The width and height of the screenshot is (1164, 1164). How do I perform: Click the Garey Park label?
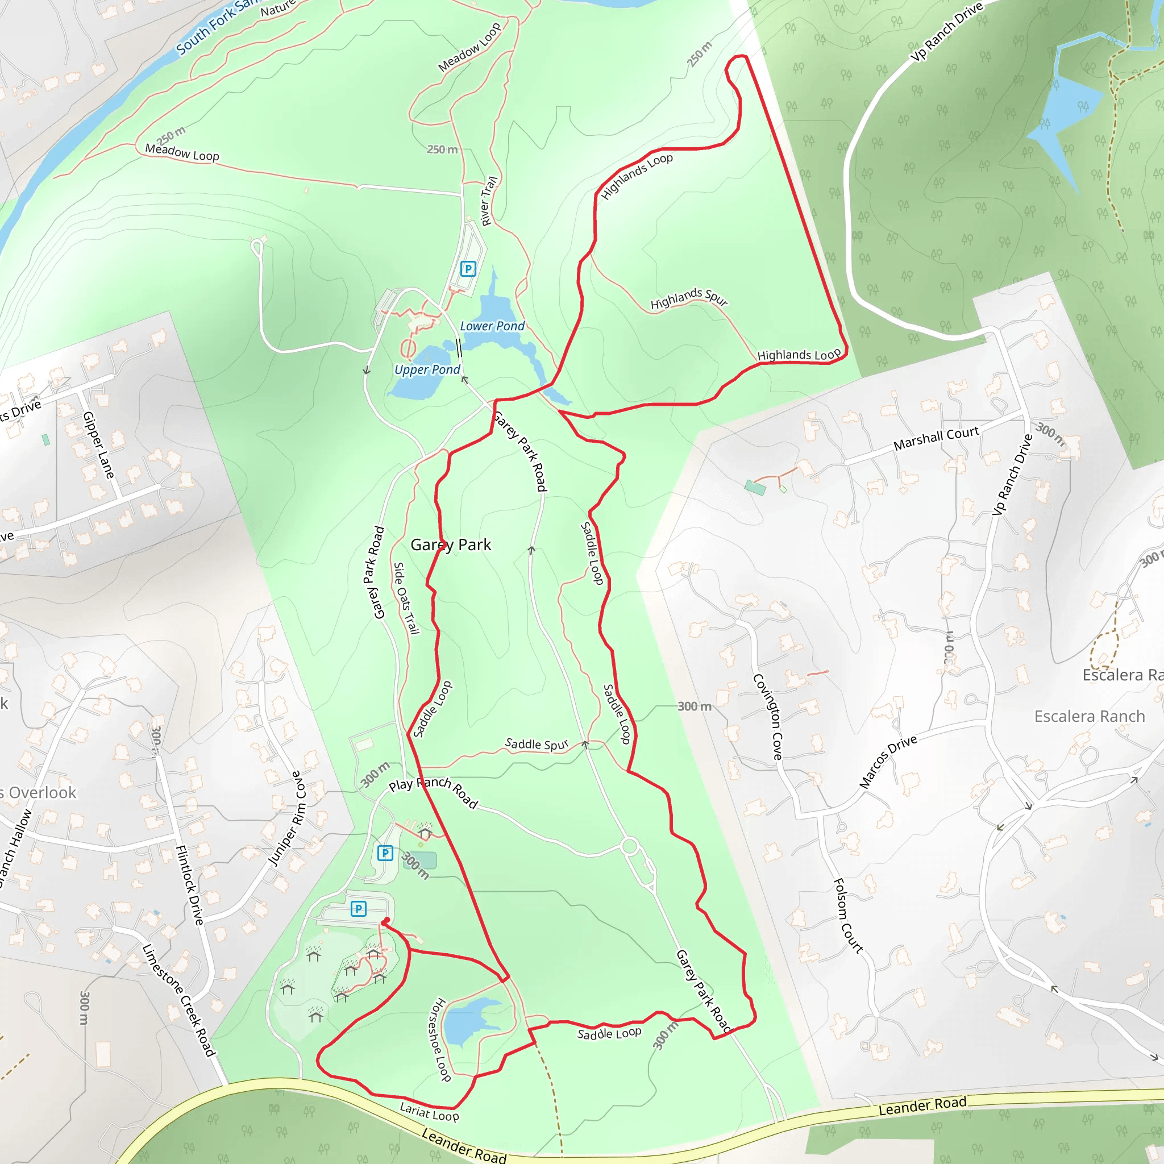click(451, 544)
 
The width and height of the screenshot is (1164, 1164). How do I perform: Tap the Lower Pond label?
click(492, 326)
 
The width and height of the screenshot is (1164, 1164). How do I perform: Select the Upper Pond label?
click(427, 369)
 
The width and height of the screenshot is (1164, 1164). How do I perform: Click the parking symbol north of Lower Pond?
click(468, 269)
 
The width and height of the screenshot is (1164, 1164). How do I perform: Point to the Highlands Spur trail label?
click(689, 298)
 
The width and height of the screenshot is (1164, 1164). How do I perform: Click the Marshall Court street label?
click(936, 438)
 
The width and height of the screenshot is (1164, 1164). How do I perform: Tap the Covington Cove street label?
click(769, 716)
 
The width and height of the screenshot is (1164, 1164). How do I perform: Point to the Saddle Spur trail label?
click(536, 744)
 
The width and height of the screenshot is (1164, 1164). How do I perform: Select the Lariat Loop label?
click(429, 1112)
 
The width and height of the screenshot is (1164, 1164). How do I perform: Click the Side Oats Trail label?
click(405, 598)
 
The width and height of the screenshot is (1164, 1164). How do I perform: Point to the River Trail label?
click(489, 201)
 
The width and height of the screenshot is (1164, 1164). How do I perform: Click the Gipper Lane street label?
click(98, 444)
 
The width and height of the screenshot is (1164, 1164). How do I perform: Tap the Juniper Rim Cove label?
click(288, 819)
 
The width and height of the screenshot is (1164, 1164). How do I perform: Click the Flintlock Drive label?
click(189, 885)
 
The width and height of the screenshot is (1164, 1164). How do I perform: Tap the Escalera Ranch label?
click(1090, 716)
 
